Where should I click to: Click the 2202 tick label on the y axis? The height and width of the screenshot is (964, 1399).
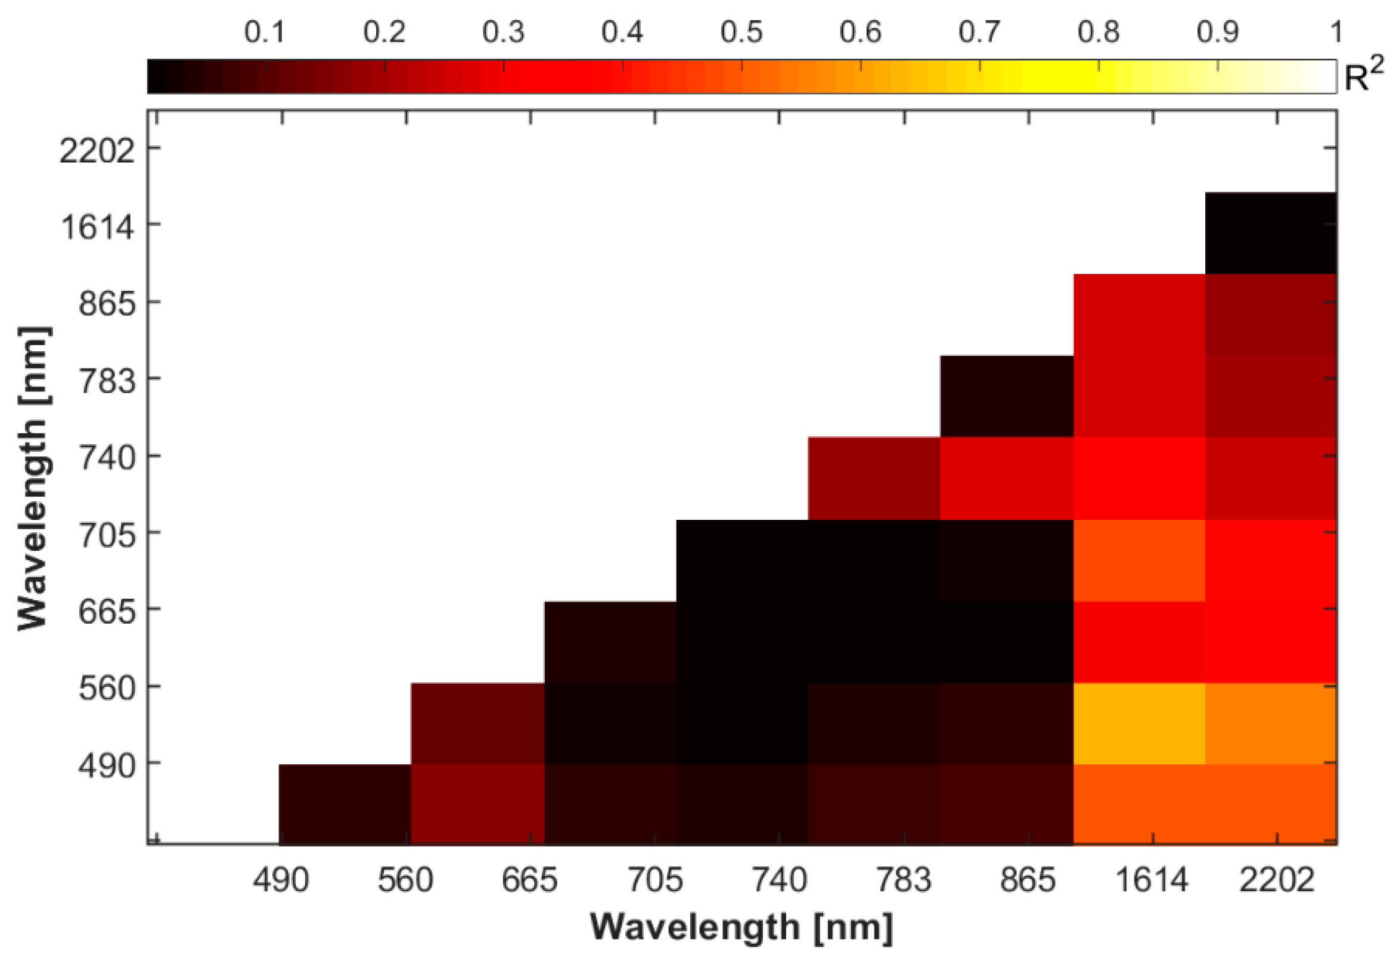point(97,151)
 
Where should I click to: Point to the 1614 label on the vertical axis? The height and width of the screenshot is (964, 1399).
point(97,228)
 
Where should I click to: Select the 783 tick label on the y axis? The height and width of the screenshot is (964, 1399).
point(107,382)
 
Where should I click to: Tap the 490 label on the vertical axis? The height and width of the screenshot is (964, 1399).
point(107,767)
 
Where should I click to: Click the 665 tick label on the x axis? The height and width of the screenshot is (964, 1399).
point(529,880)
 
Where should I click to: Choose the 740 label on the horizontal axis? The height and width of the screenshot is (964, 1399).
point(779,880)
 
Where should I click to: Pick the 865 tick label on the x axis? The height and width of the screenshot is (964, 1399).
point(1028,880)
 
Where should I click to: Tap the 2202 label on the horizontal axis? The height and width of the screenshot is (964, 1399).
point(1276,880)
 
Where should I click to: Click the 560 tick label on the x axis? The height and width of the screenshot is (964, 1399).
point(405,880)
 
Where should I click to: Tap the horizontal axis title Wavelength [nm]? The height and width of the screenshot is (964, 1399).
point(741,927)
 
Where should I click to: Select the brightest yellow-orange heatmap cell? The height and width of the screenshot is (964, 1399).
point(1139,723)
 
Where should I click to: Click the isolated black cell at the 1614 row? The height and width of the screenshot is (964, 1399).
point(1270,233)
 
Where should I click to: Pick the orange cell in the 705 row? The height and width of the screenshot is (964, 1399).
point(1139,560)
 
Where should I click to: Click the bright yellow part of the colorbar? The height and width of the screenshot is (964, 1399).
point(1063,77)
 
